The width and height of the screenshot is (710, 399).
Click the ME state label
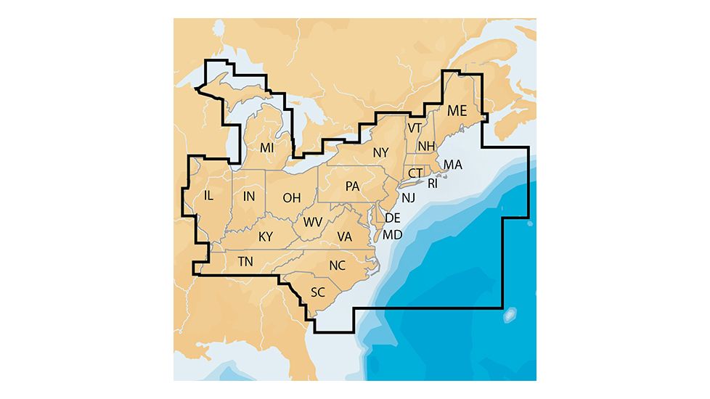click(457, 111)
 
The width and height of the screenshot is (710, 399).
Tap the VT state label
click(415, 128)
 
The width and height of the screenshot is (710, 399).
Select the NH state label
click(426, 146)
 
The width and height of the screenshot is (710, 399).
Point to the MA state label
click(452, 165)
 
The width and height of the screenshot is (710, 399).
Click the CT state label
click(415, 173)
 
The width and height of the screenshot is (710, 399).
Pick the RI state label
click(433, 184)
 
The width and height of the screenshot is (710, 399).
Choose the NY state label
click(381, 152)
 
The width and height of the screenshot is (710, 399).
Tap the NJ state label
click(408, 197)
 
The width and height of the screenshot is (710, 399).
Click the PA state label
click(353, 186)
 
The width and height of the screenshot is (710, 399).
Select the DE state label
click(392, 218)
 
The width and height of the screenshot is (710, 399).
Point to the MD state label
click(392, 234)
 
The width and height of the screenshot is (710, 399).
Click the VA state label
click(345, 236)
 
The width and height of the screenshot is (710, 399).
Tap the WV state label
click(313, 221)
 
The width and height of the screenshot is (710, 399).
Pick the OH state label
click(291, 197)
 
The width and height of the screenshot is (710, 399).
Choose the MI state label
click(267, 147)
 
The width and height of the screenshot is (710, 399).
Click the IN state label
click(249, 196)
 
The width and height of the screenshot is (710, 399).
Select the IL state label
click(209, 195)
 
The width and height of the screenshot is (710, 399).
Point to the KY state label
click(266, 236)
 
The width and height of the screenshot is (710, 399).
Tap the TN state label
click(245, 261)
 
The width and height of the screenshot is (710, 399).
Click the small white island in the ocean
click(510, 314)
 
